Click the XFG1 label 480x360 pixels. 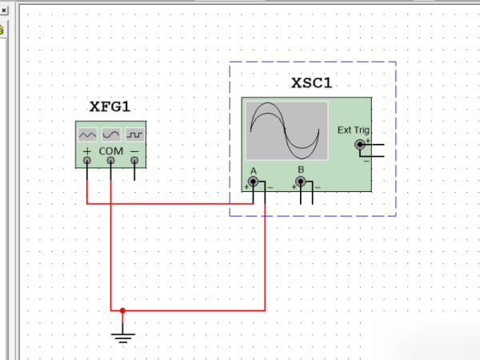[110, 107]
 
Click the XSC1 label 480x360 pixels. [311, 83]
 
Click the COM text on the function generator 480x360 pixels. [111, 150]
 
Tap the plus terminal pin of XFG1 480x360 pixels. [87, 162]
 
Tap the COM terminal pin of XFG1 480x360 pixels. [111, 162]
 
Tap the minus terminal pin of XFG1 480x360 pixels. [134, 162]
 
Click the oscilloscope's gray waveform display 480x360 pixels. [286, 130]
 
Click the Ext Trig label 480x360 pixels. [353, 130]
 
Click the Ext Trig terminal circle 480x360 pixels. [359, 145]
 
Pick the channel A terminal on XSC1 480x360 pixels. [254, 182]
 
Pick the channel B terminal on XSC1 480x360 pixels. [301, 182]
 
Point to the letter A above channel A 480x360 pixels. [254, 170]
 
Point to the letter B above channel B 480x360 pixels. [301, 170]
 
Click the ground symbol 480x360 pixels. [122, 336]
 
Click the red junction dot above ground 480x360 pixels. [122, 310]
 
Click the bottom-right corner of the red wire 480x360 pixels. [265, 310]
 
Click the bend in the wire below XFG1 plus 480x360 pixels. [87, 203]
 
